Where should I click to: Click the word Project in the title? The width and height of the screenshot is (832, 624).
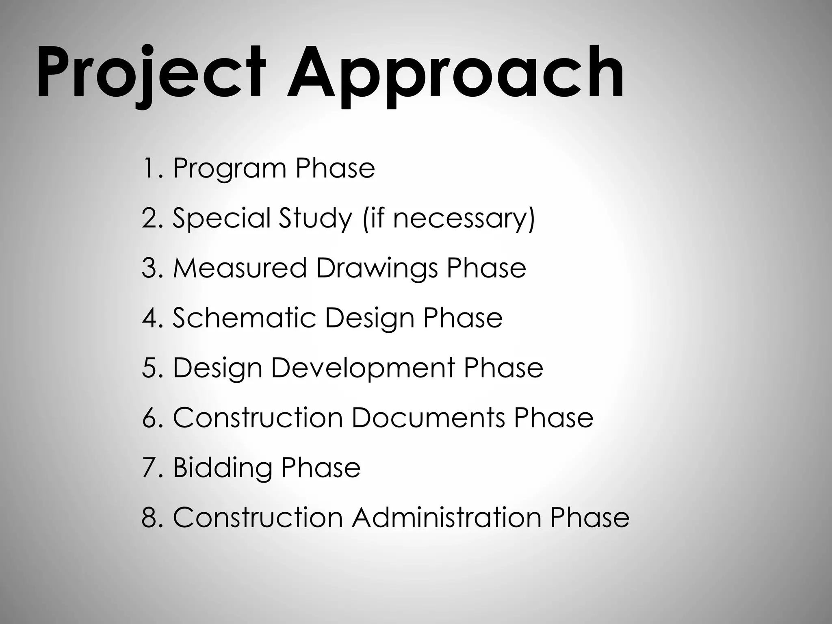pyautogui.click(x=150, y=73)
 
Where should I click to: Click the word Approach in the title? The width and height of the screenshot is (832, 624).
pyautogui.click(x=455, y=73)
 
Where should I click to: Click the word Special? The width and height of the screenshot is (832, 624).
pyautogui.click(x=221, y=218)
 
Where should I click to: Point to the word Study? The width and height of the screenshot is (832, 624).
pyautogui.click(x=315, y=218)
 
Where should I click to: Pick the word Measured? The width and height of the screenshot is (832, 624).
pyautogui.click(x=240, y=268)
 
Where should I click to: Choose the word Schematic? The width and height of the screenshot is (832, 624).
pyautogui.click(x=244, y=318)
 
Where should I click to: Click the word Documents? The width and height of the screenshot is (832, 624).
pyautogui.click(x=428, y=418)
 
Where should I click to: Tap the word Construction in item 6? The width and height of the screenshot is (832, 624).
pyautogui.click(x=258, y=418)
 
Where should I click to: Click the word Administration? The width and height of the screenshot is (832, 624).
pyautogui.click(x=446, y=518)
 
